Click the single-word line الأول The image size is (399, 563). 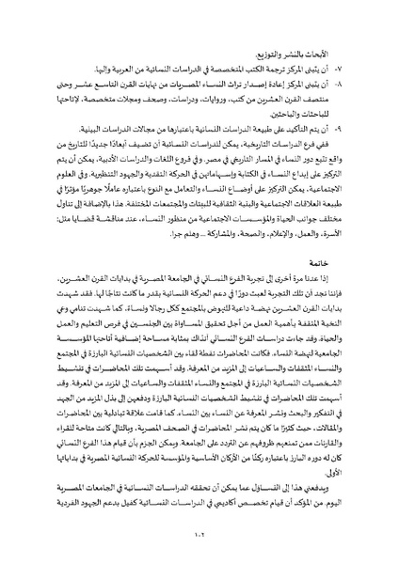coord(343,467)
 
